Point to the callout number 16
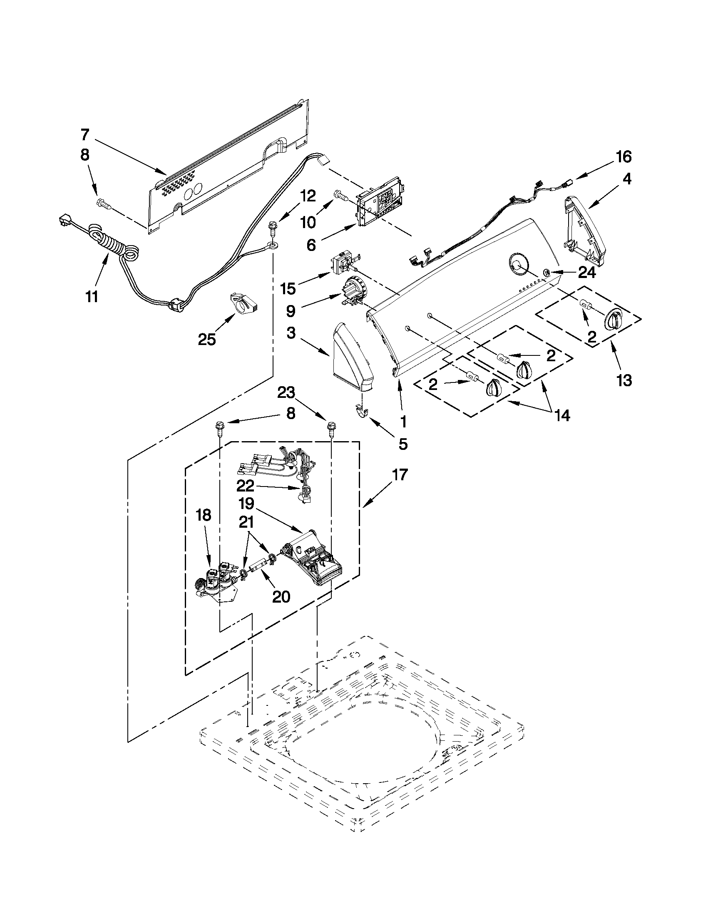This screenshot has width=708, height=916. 623,157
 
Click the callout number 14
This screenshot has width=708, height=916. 562,415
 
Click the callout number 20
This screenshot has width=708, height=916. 281,596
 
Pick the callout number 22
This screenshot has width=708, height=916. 246,486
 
